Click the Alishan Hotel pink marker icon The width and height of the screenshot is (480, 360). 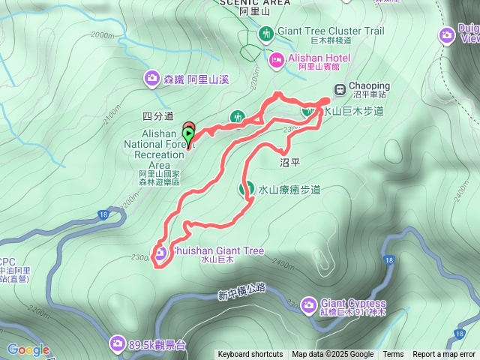point(276,58)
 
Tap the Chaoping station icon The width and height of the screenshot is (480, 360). point(339,90)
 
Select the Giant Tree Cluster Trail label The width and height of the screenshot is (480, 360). point(331,31)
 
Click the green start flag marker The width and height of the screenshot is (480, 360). point(187,136)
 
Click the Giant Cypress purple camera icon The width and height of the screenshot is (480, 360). point(308,304)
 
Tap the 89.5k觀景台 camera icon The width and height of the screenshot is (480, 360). point(117,344)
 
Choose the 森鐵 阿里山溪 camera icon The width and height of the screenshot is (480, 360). point(152,78)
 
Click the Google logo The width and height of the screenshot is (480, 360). point(28,349)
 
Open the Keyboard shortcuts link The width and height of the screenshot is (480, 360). point(250,355)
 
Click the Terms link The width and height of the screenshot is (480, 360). point(393,355)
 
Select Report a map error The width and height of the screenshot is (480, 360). point(445,355)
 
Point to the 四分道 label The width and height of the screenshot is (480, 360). point(157,116)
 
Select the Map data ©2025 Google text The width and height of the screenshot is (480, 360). point(333,355)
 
